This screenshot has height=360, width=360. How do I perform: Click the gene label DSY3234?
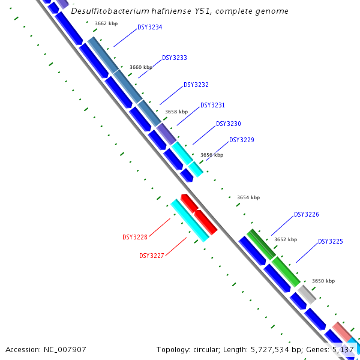click(x=149, y=28)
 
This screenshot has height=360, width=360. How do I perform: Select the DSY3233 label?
click(x=175, y=58)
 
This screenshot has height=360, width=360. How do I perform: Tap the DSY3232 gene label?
click(x=196, y=85)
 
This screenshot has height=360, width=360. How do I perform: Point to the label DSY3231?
click(x=212, y=106)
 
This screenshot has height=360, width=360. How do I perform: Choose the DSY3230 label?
click(x=229, y=124)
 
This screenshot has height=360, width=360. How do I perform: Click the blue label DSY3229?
click(x=242, y=140)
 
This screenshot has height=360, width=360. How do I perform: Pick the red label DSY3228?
click(x=135, y=238)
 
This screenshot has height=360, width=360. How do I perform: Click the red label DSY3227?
click(x=152, y=256)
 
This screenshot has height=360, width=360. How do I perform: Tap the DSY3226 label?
click(x=307, y=215)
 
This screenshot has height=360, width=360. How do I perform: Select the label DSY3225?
click(x=331, y=242)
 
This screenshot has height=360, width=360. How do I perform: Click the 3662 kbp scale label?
click(x=106, y=24)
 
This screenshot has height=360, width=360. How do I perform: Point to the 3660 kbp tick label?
click(x=141, y=68)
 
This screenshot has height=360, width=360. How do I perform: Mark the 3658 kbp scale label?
click(x=176, y=112)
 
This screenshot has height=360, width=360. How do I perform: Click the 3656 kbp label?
click(x=212, y=155)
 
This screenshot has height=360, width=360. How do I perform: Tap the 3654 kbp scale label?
click(x=248, y=197)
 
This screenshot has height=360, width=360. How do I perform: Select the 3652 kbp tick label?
click(x=286, y=239)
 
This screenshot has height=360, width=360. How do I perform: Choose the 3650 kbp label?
click(x=323, y=281)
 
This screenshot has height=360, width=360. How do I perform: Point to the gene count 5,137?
click(x=344, y=349)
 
